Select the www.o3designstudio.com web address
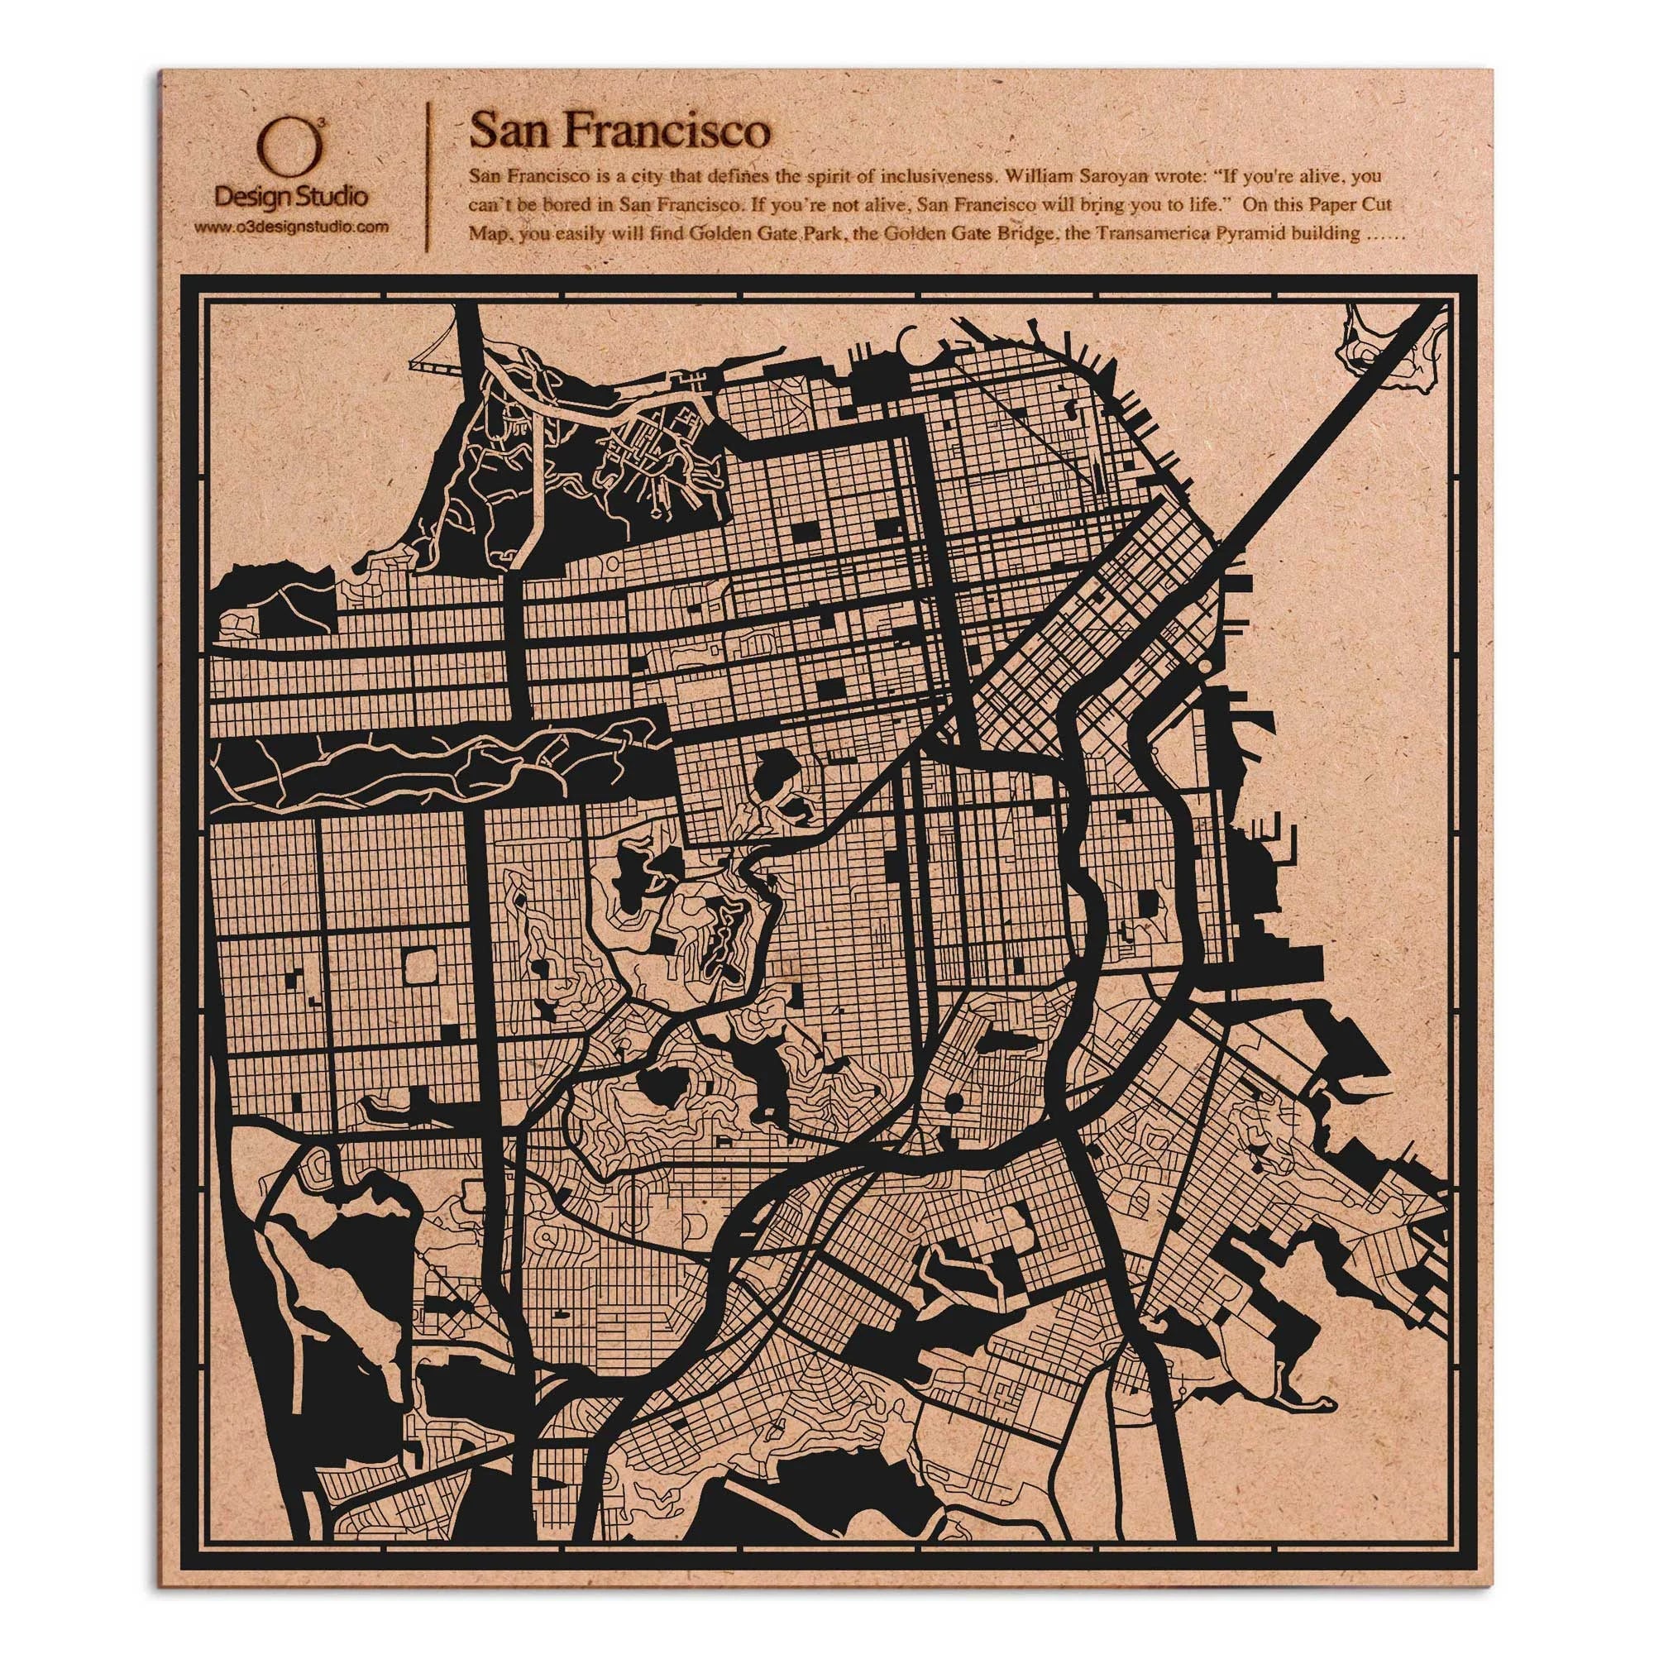291,227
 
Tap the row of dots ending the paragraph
1379,237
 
